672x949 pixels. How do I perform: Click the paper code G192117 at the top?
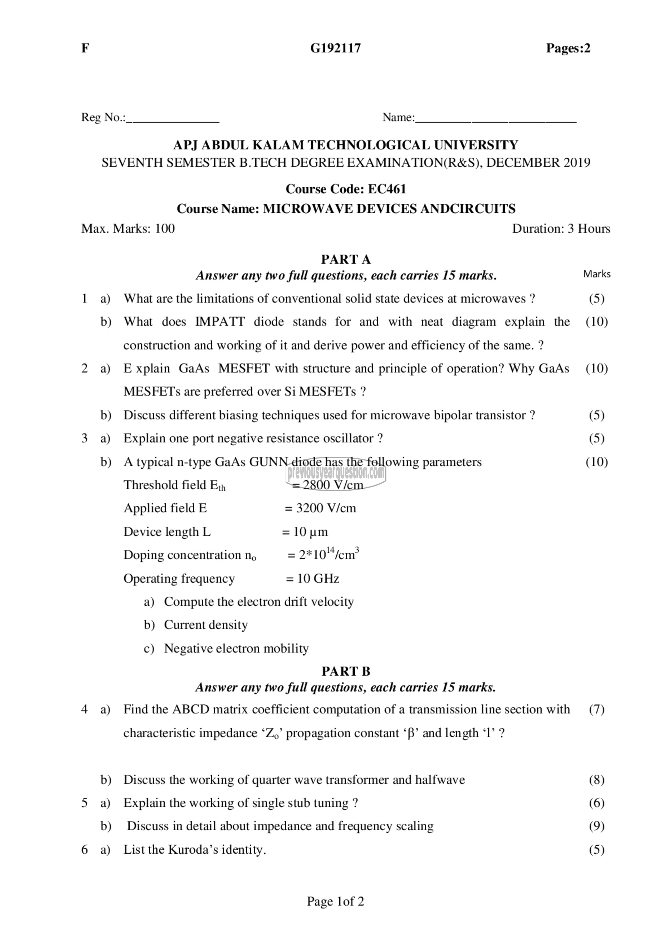335,48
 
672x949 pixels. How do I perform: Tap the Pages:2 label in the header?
568,48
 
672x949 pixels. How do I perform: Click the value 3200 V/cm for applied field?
326,508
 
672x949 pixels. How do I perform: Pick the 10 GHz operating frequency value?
318,578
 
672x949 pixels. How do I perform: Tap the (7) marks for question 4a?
597,709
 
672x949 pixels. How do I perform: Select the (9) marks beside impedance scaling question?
597,826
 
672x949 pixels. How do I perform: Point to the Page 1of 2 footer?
335,901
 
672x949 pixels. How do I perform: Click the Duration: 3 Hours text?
561,229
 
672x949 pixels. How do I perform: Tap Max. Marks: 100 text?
128,229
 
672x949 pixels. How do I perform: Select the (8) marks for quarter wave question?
597,780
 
